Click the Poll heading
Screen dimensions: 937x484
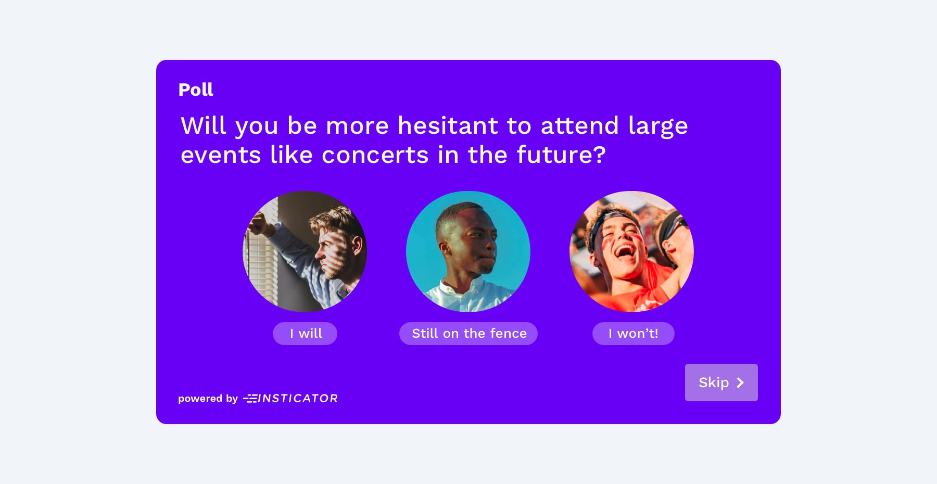pyautogui.click(x=196, y=90)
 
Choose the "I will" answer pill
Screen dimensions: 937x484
pyautogui.click(x=305, y=334)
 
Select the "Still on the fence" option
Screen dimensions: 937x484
pyautogui.click(x=468, y=334)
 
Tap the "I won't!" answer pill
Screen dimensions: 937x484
pyautogui.click(x=634, y=334)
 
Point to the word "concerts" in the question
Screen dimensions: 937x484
pyautogui.click(x=375, y=155)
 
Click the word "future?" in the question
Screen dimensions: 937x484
pyautogui.click(x=561, y=155)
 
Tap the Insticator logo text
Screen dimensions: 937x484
pyautogui.click(x=290, y=398)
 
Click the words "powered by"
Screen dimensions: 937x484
pyautogui.click(x=208, y=399)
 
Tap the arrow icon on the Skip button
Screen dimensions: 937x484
pyautogui.click(x=740, y=383)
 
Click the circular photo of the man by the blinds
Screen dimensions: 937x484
pyautogui.click(x=305, y=251)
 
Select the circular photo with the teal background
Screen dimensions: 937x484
pyautogui.click(x=468, y=251)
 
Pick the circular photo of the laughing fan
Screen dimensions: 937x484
pyautogui.click(x=632, y=251)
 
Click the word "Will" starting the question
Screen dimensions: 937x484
pyautogui.click(x=204, y=125)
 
